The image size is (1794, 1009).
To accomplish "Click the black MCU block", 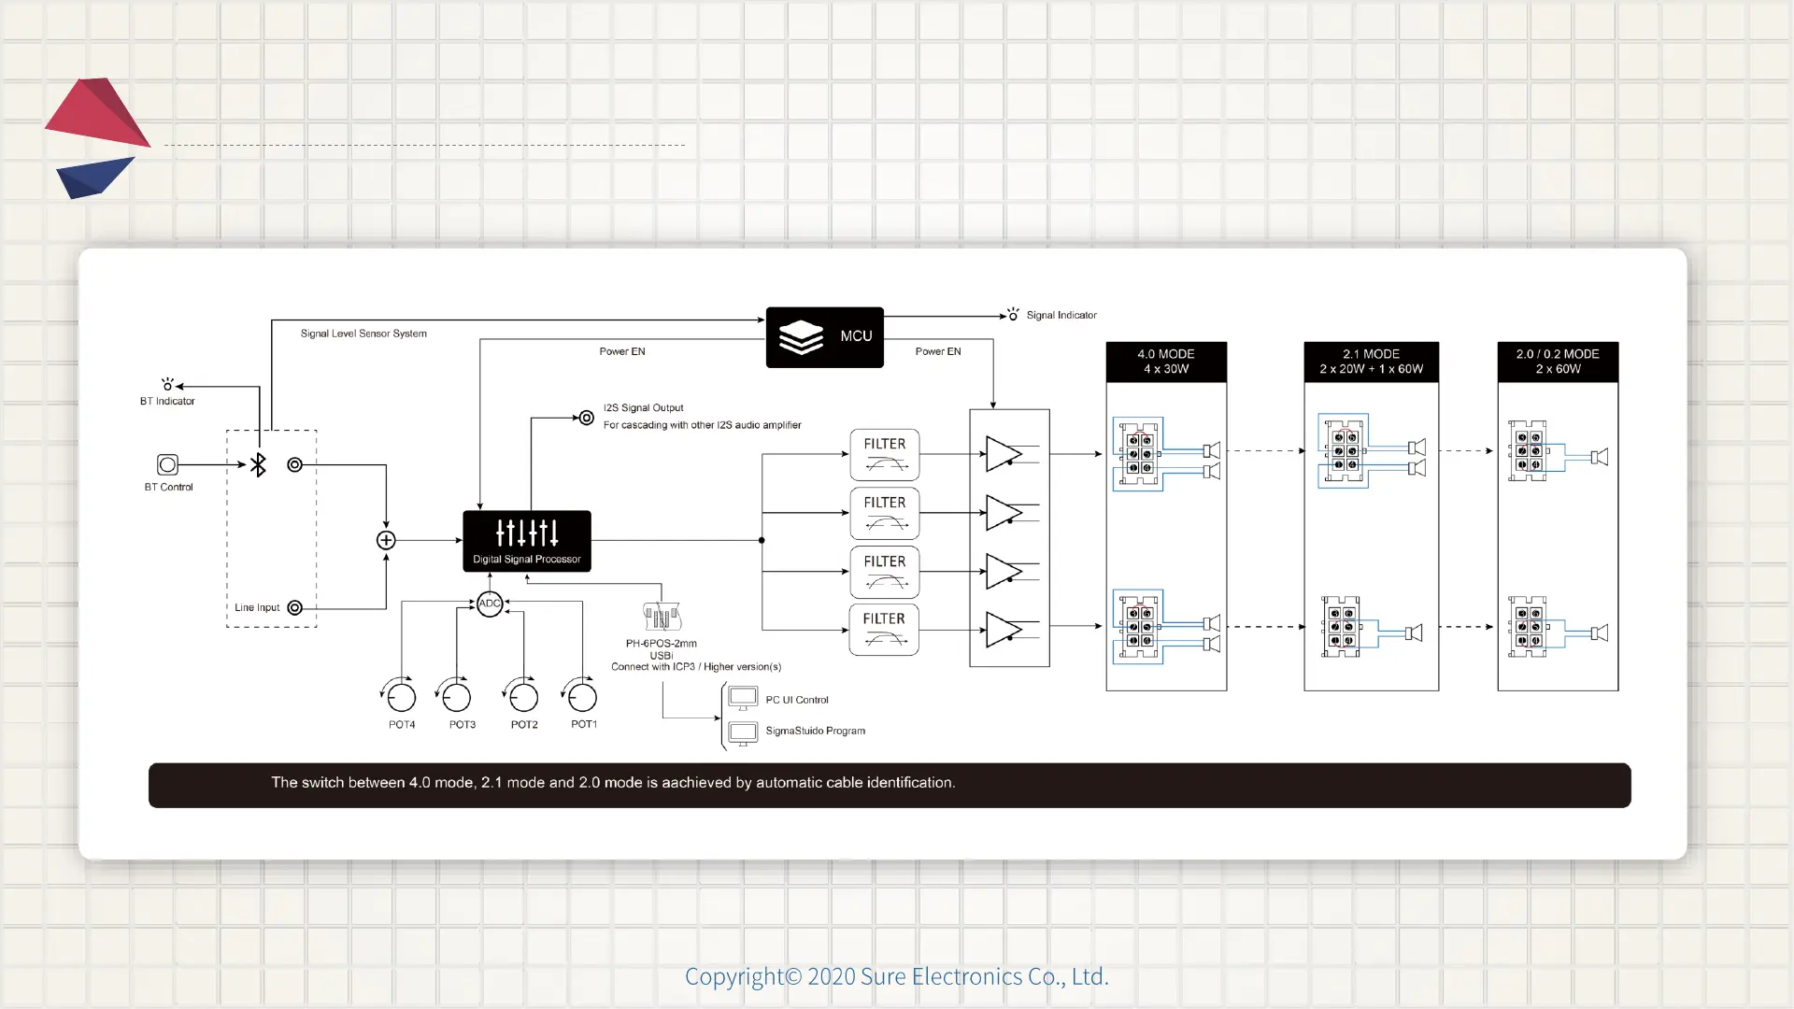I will (x=824, y=337).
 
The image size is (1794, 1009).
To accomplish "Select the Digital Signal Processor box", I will (x=527, y=541).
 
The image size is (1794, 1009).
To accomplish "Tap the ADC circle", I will (x=490, y=604).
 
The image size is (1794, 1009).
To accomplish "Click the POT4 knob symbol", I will (x=401, y=697).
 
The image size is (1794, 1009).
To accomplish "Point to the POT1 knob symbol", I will (x=582, y=697).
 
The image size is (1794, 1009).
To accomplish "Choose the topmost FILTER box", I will (x=884, y=455).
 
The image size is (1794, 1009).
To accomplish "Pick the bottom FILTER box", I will (x=884, y=630).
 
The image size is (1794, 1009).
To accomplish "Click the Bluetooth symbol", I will (x=258, y=464).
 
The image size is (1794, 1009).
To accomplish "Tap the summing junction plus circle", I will (x=386, y=540).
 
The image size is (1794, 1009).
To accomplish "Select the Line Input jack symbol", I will (x=294, y=608).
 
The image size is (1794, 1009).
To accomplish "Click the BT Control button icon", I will (x=167, y=464).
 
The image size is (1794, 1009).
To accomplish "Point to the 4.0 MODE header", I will (x=1166, y=362).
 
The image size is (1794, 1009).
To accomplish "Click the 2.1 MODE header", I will (x=1371, y=362).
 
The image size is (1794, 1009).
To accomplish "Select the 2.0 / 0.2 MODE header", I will (x=1558, y=362).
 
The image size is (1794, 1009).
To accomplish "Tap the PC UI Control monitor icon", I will (x=743, y=699).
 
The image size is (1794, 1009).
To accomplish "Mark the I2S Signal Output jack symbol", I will (x=586, y=418).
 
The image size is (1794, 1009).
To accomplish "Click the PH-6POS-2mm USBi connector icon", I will (x=662, y=618).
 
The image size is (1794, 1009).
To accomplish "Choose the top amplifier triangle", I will (x=1003, y=454).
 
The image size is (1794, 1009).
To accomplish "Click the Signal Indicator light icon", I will (x=1013, y=315).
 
